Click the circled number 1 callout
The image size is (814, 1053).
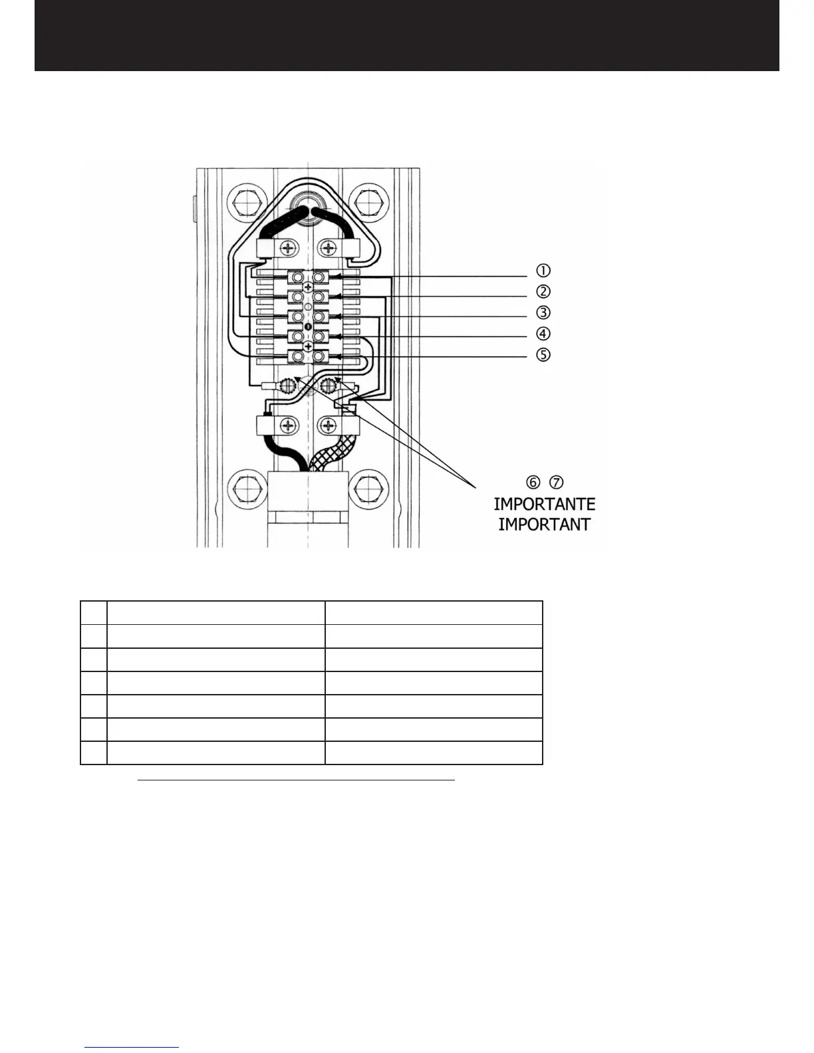pos(543,271)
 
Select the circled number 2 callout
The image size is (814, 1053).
pos(543,291)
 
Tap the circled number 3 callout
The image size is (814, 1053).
pos(543,312)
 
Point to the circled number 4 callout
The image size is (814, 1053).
pos(543,333)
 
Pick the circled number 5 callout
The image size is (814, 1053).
pos(543,354)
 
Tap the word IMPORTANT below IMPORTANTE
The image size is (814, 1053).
pos(544,525)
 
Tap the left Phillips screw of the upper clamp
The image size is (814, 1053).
pos(288,249)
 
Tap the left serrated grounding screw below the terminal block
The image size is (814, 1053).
pos(289,386)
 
